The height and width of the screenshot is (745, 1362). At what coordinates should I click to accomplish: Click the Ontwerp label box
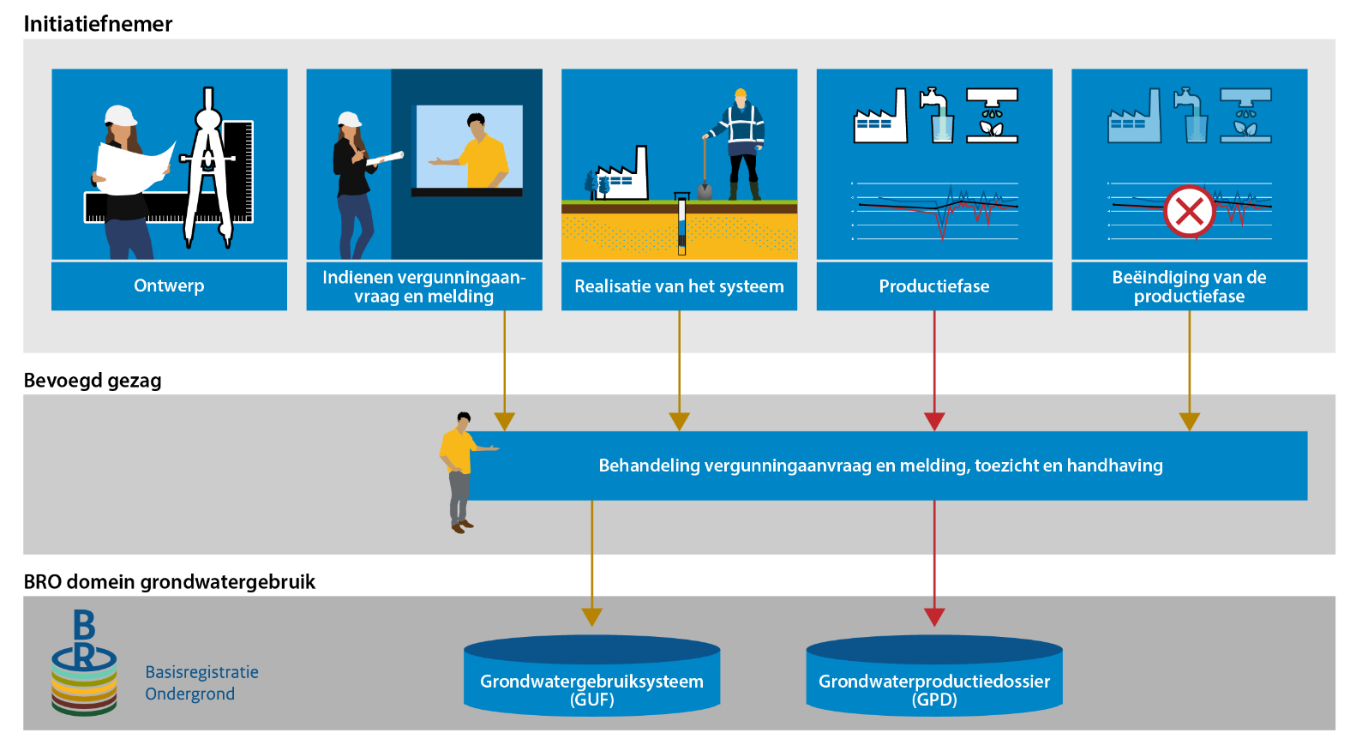tap(169, 285)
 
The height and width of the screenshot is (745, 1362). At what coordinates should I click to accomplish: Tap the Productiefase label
tap(934, 285)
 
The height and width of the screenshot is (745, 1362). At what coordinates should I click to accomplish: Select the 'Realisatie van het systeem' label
tap(679, 285)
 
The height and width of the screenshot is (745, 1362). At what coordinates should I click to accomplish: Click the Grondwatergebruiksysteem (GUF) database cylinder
tap(591, 675)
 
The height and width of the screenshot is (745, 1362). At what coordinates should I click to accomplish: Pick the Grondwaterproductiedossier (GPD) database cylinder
tap(934, 675)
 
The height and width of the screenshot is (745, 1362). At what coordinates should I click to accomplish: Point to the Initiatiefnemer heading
tap(98, 24)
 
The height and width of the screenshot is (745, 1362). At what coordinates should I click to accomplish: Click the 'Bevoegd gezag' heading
tap(93, 381)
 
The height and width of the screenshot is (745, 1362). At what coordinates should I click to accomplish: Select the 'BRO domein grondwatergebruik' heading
tap(169, 582)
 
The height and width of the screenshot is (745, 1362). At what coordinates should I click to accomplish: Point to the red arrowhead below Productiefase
tap(934, 422)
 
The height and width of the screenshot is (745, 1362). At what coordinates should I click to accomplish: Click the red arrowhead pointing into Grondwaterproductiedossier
tap(934, 616)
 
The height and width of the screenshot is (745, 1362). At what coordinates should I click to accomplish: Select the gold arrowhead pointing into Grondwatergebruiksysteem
tap(591, 616)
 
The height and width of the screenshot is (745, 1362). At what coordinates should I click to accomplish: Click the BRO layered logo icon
tap(84, 663)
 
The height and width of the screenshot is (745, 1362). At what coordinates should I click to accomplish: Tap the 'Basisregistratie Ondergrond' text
tap(202, 683)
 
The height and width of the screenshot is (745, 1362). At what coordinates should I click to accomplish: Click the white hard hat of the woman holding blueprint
tap(120, 115)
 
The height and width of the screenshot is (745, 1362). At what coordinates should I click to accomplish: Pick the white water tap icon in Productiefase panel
tap(937, 116)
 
